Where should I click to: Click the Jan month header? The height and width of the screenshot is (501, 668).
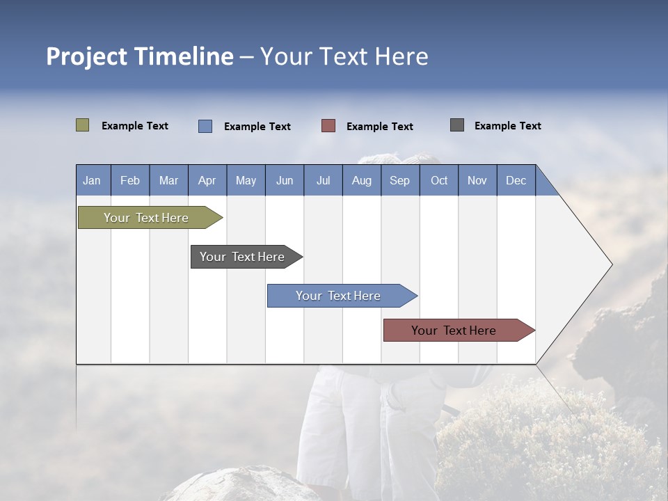[93, 180]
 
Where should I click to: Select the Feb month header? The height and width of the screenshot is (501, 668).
[130, 180]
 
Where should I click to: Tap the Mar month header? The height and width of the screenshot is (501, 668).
[168, 180]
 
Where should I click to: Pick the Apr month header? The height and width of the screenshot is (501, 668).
[207, 180]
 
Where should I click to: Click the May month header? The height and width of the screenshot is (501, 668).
[246, 180]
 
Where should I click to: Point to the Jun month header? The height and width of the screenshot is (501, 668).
[285, 180]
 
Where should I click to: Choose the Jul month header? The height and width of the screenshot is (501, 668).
[324, 180]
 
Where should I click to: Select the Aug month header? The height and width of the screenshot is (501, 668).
[362, 180]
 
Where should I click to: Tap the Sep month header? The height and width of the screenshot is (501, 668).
[400, 180]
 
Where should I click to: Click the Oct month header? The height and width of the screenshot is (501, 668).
[439, 180]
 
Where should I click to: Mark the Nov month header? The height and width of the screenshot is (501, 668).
[477, 180]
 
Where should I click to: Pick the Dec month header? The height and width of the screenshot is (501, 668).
[516, 180]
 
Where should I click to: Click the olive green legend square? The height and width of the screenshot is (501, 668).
[83, 125]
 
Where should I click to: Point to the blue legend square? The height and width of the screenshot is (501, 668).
[205, 126]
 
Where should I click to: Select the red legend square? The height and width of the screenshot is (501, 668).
[328, 125]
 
